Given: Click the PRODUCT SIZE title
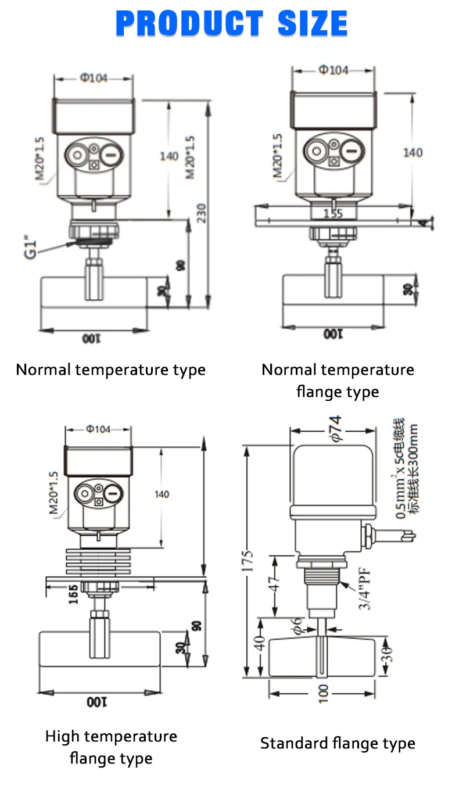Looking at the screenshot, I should click(231, 24).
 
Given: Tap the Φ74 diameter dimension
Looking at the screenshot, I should click(336, 429).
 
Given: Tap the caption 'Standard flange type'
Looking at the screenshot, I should click(338, 743).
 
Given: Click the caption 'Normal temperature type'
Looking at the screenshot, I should click(110, 370).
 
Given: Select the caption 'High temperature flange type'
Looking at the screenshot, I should click(110, 747).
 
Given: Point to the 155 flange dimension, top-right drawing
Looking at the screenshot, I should click(333, 213).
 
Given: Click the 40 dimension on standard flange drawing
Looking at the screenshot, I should click(261, 643).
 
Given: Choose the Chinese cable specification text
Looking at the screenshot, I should click(407, 471).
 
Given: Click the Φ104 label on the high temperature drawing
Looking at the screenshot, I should click(98, 429).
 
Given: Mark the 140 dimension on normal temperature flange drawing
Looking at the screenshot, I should click(413, 152).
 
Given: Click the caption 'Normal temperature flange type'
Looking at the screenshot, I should click(338, 381).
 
